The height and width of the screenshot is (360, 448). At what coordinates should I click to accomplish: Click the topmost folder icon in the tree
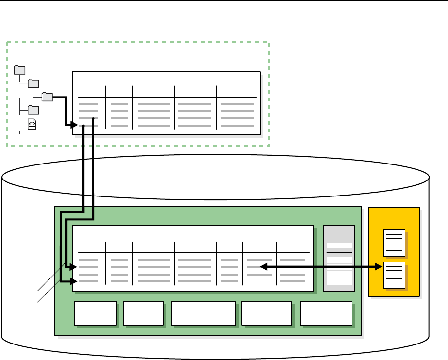(20, 70)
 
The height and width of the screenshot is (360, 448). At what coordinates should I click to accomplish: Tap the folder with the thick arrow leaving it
(47, 97)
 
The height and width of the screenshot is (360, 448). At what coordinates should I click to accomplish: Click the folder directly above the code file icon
(33, 110)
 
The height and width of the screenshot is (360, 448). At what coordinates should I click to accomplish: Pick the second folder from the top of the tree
(33, 83)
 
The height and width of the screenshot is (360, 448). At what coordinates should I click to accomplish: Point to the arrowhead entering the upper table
(74, 125)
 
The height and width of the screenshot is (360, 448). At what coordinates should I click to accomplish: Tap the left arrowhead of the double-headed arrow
(263, 266)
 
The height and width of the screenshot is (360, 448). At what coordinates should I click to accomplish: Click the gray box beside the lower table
(339, 258)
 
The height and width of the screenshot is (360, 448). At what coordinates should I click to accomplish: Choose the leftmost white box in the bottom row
(95, 313)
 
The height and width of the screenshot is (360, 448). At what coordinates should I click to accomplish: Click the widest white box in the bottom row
(203, 313)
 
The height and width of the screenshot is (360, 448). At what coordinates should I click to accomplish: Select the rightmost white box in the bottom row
(326, 313)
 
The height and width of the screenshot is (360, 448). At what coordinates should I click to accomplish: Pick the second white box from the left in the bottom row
(143, 313)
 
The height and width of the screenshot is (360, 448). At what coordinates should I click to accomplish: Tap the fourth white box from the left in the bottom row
(267, 313)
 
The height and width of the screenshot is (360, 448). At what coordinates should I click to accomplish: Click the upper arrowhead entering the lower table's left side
(74, 267)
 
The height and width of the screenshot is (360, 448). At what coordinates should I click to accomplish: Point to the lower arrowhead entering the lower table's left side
(74, 281)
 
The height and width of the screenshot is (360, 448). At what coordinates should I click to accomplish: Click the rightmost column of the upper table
(237, 112)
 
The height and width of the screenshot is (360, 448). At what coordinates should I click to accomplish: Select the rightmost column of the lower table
(293, 267)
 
